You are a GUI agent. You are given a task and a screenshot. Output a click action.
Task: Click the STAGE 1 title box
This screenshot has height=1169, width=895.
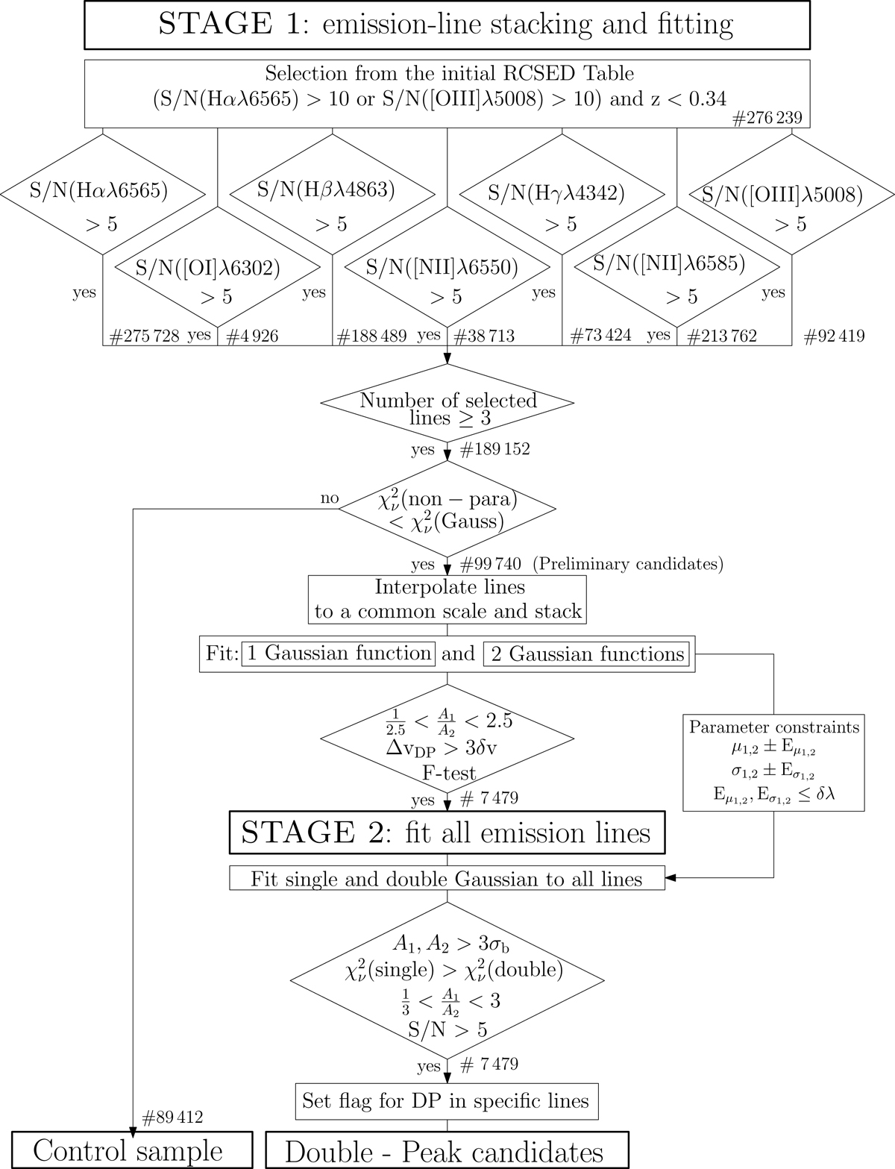click(x=447, y=25)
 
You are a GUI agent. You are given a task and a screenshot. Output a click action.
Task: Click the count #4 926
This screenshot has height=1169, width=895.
click(x=251, y=336)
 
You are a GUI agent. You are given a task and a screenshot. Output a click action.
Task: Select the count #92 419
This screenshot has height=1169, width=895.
click(x=835, y=336)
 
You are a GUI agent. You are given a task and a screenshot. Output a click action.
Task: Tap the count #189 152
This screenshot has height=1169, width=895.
click(x=494, y=449)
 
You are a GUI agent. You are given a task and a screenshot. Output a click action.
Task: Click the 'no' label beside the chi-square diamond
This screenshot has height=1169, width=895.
click(x=329, y=498)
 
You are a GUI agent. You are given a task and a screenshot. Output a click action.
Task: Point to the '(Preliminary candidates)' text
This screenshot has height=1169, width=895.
click(x=629, y=564)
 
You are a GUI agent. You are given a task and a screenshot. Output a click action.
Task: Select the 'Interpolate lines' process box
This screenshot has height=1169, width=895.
click(x=447, y=599)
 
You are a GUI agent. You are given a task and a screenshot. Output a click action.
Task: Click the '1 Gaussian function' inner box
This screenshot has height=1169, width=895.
click(x=339, y=654)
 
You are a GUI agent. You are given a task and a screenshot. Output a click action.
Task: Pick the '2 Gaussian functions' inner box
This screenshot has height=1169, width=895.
click(x=586, y=654)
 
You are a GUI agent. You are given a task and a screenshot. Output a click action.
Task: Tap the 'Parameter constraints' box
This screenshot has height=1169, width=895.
click(x=773, y=762)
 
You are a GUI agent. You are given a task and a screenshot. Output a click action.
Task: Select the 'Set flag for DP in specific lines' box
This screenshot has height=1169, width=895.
click(x=446, y=1100)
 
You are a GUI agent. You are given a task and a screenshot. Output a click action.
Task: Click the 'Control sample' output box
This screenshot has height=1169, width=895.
click(x=128, y=1150)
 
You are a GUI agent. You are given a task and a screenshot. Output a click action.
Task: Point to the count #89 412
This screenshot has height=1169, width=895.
click(x=172, y=1117)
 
